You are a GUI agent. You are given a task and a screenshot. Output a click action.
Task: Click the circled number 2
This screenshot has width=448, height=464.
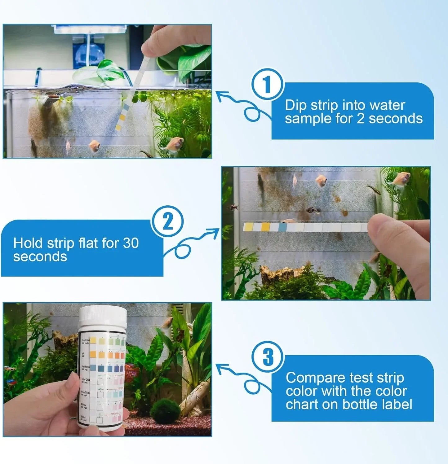coord(167,222)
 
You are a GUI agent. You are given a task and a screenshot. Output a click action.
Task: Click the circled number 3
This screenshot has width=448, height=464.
coord(268,357)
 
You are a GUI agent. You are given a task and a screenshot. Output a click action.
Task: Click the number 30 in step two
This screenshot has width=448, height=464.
coord(131,243)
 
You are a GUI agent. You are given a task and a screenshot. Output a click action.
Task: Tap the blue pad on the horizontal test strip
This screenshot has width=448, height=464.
coord(282,227)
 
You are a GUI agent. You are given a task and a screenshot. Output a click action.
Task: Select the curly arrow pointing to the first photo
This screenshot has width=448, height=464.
coord(242,105)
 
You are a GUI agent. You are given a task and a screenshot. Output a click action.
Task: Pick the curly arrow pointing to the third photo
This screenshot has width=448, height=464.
coord(242,378)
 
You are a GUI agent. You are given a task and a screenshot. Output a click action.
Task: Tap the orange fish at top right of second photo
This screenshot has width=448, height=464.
coord(401,179)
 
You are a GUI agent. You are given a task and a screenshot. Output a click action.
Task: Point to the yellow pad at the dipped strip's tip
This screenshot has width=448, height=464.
coord(118,127)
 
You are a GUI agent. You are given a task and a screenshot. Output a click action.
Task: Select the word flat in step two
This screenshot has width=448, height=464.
coord(88,243)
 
